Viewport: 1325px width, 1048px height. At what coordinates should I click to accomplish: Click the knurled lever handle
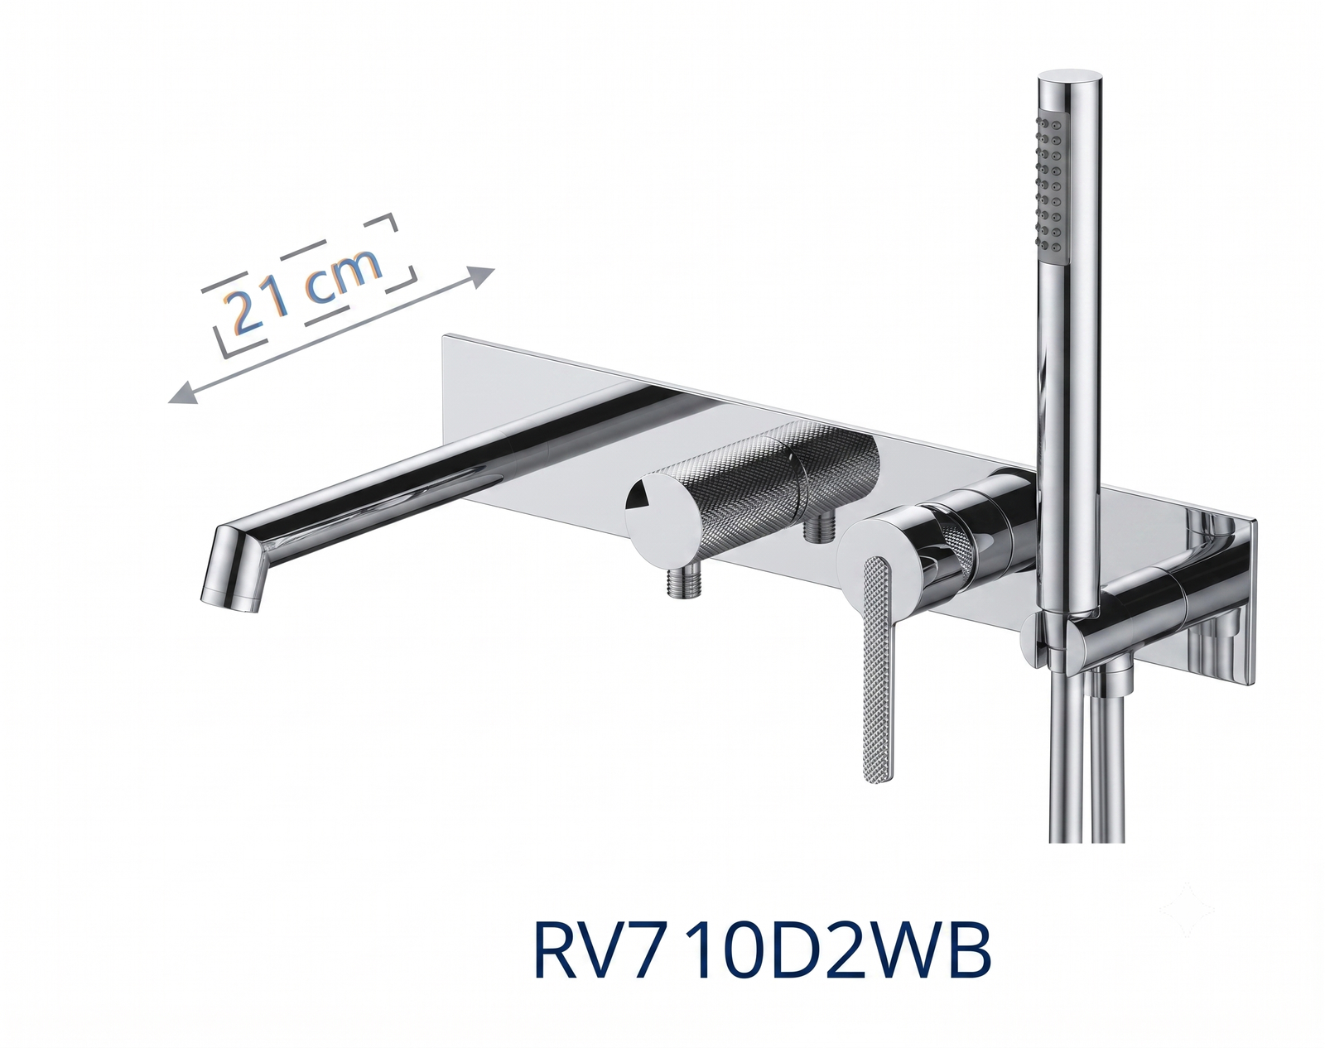879,668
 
